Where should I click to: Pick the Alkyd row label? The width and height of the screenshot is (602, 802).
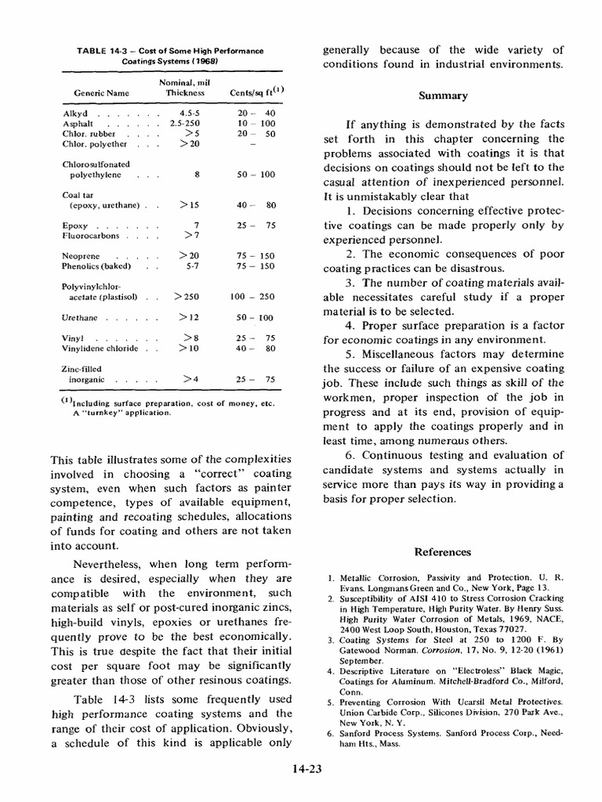click(75, 114)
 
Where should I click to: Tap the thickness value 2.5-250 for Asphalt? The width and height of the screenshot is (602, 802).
click(185, 124)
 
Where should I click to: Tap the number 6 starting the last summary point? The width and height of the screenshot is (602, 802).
click(349, 454)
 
